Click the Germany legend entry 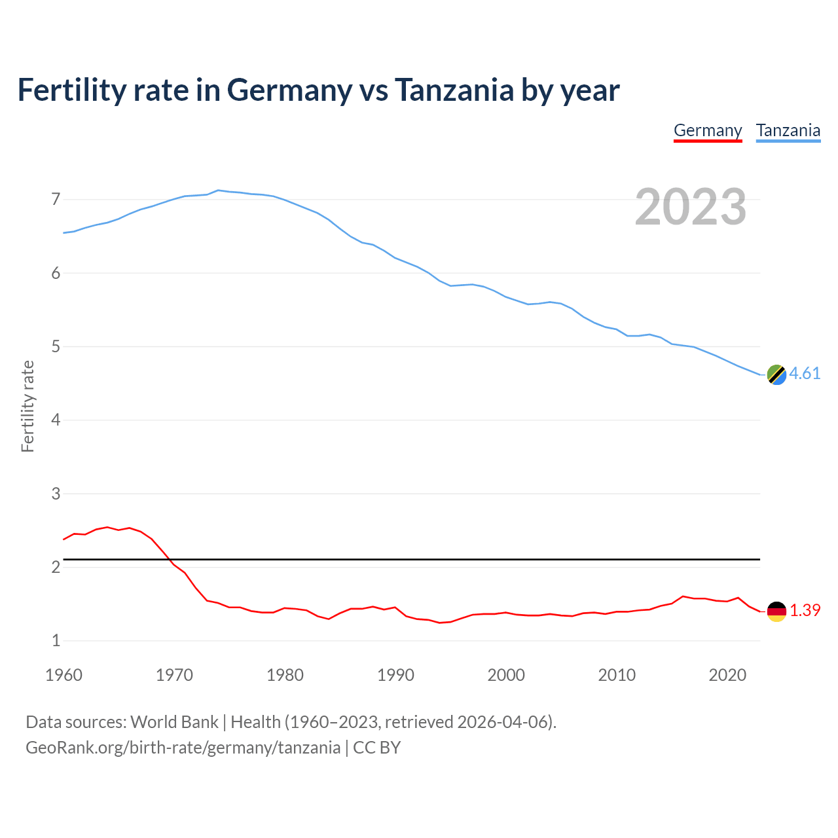[708, 130]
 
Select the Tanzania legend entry [788, 130]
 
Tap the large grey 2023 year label [691, 207]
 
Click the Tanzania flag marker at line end [776, 374]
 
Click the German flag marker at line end [776, 611]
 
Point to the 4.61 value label [805, 373]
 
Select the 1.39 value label [805, 610]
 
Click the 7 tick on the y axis [56, 199]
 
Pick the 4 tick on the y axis [56, 420]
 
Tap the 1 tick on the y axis [56, 640]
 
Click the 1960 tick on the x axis [64, 675]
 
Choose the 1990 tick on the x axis [395, 675]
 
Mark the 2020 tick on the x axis [727, 675]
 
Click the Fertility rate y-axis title [27, 406]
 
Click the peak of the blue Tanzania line [218, 191]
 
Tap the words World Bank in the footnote [174, 722]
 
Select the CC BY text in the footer [376, 748]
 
